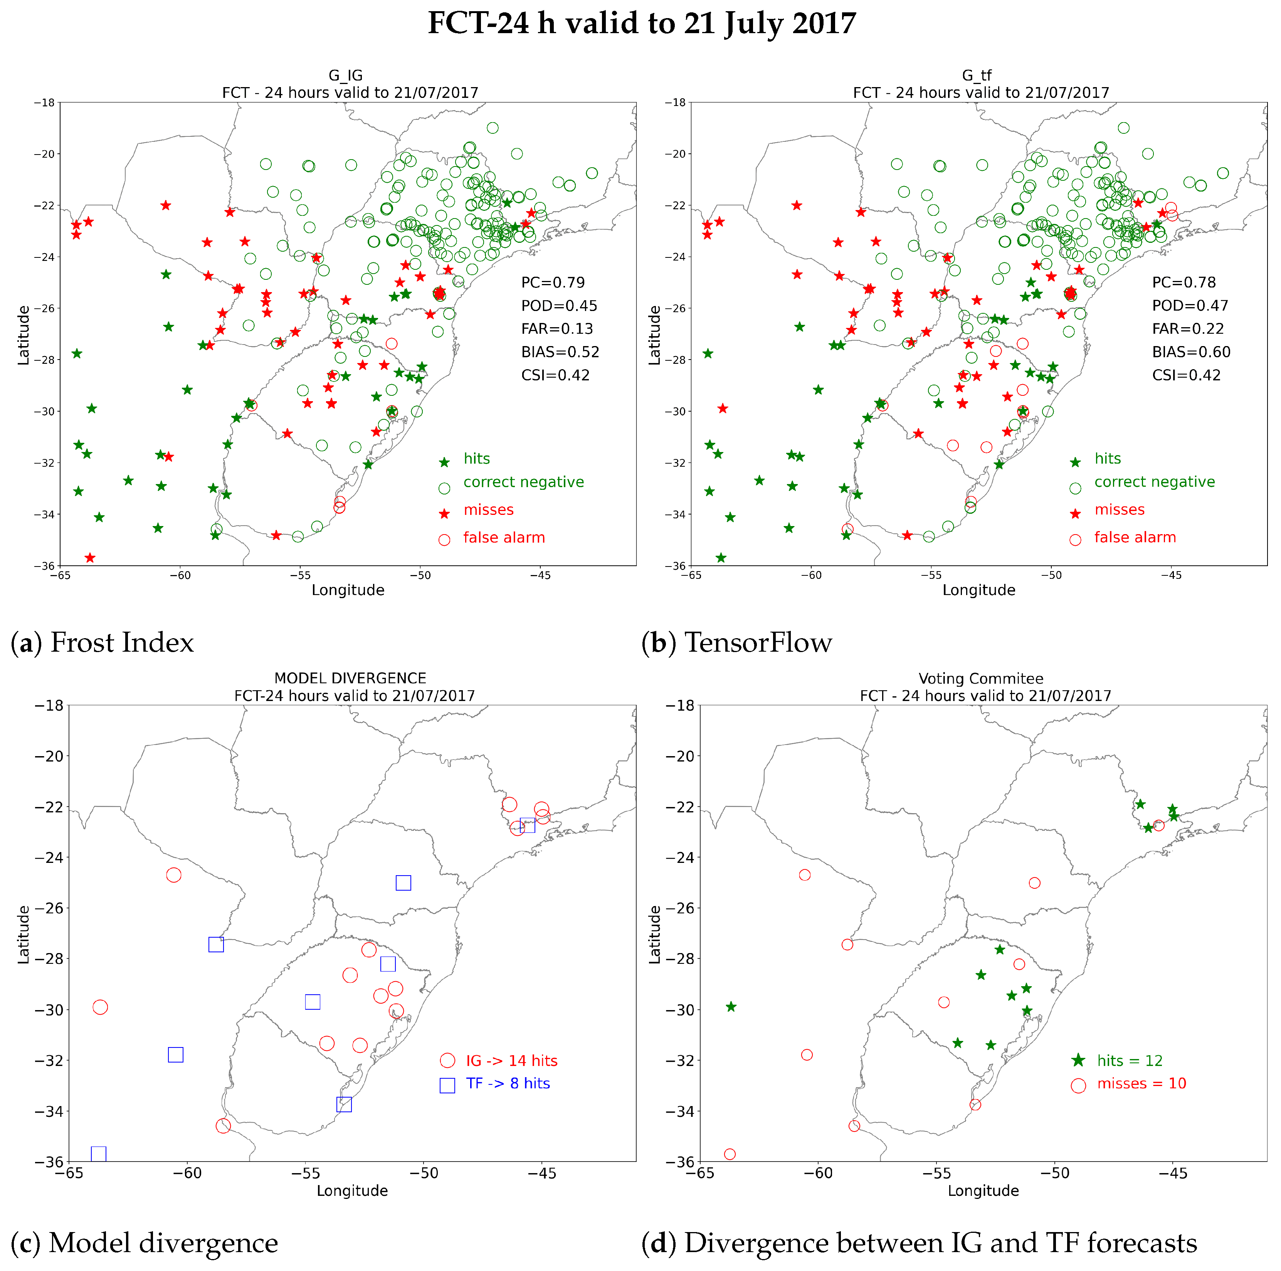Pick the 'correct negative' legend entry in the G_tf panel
coord(1154,482)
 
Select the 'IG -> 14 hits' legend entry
coord(511,1061)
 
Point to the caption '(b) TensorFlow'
coord(736,642)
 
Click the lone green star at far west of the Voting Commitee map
coord(731,1007)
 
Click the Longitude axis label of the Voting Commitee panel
coord(983,1191)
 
